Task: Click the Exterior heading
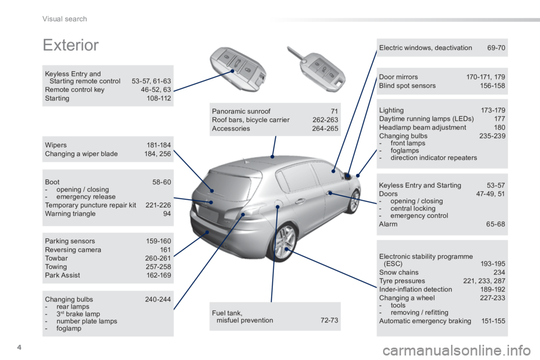click(x=71, y=45)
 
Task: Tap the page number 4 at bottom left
click(x=19, y=347)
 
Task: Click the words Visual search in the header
click(x=65, y=19)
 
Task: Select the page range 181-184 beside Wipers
click(x=159, y=145)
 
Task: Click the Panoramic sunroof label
click(x=241, y=111)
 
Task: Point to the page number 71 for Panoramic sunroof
click(x=334, y=111)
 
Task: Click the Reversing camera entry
click(x=73, y=250)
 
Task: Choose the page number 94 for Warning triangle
click(x=167, y=214)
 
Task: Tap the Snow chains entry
click(x=399, y=272)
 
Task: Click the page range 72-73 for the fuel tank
click(x=329, y=320)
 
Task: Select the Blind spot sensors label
click(x=407, y=85)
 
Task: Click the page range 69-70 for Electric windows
click(x=496, y=48)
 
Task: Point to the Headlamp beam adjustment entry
click(x=422, y=128)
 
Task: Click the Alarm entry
click(x=388, y=224)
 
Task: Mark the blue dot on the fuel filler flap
click(x=277, y=206)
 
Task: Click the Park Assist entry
click(x=62, y=275)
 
